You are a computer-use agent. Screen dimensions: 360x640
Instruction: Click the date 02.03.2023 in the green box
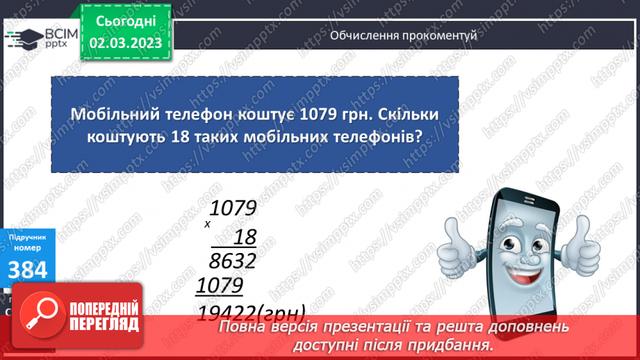pos(126,43)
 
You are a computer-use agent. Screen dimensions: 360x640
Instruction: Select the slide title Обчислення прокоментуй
pos(404,35)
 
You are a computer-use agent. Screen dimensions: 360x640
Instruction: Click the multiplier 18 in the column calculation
pos(244,238)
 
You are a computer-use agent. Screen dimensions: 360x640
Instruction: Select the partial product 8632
pos(232,261)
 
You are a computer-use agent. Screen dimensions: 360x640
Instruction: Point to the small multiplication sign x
pos(207,224)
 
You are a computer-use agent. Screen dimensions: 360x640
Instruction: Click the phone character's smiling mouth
pos(529,267)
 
